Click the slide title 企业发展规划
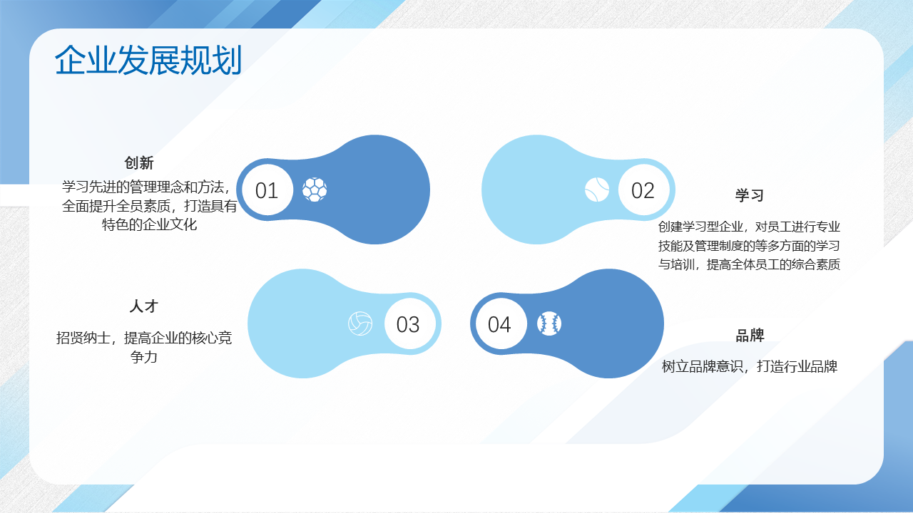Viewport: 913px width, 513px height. click(x=148, y=61)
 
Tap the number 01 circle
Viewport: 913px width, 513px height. click(x=267, y=190)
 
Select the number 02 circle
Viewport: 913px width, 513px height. click(x=643, y=190)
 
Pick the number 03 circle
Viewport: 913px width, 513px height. click(x=409, y=323)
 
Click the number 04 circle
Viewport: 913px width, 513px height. click(x=501, y=323)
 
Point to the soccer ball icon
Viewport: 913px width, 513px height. click(x=315, y=190)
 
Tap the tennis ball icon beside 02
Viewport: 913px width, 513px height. click(x=597, y=190)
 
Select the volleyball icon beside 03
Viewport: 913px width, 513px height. click(x=360, y=323)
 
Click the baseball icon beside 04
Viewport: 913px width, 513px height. click(x=549, y=323)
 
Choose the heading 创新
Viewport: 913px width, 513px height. click(x=139, y=163)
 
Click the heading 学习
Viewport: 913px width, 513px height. click(x=749, y=195)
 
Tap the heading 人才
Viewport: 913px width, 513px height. click(x=144, y=306)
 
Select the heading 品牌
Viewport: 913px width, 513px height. click(x=750, y=336)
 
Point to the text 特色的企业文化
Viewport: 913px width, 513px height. click(x=149, y=224)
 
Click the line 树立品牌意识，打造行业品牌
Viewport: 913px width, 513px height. click(x=749, y=366)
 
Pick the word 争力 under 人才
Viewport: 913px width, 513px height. click(x=144, y=357)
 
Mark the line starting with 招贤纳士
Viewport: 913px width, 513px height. click(x=144, y=338)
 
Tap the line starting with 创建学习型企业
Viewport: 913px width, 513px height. click(x=749, y=227)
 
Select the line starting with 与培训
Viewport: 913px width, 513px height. click(x=749, y=264)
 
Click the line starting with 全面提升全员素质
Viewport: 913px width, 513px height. click(x=149, y=206)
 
